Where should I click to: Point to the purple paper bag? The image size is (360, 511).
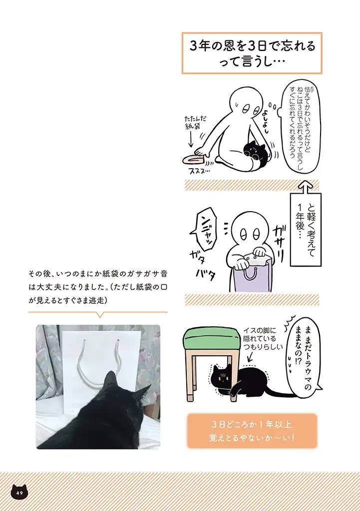click(x=252, y=279)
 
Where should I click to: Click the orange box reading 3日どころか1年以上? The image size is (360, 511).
click(x=252, y=430)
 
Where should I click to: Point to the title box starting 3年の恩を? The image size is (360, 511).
click(x=252, y=53)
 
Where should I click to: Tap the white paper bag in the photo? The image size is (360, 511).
click(x=100, y=364)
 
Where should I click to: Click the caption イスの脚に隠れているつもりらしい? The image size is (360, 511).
click(x=263, y=339)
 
